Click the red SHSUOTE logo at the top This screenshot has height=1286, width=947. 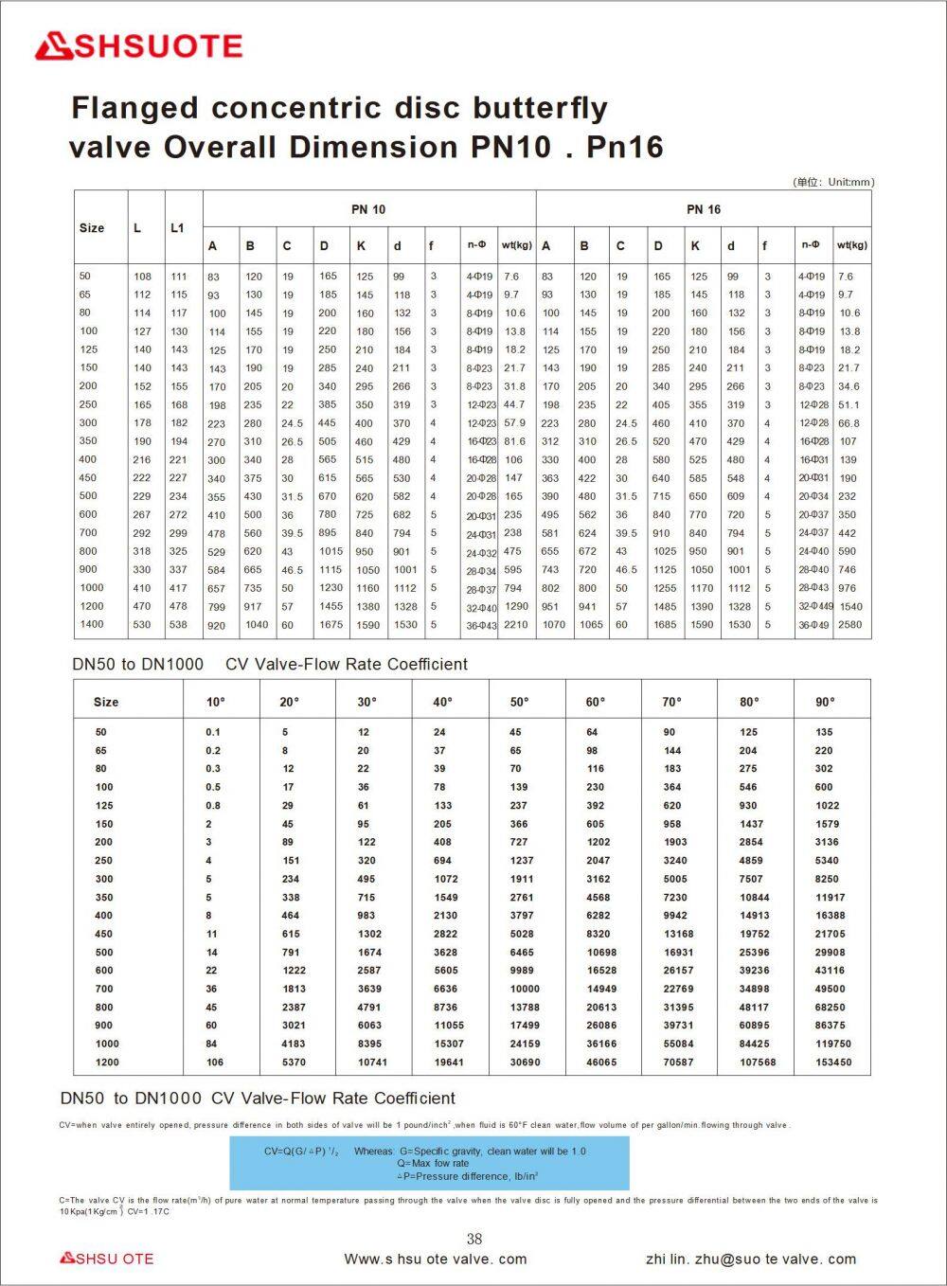[x=138, y=46]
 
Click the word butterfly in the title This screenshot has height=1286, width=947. [x=541, y=108]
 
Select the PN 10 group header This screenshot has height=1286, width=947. [x=368, y=209]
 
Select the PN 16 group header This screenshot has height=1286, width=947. [x=704, y=209]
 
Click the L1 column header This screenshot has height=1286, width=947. [x=177, y=228]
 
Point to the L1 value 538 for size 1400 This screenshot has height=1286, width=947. [x=178, y=624]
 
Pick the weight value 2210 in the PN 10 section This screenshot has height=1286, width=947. [x=516, y=624]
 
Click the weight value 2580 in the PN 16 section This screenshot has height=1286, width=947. [x=849, y=624]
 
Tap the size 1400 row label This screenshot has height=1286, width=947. [x=91, y=624]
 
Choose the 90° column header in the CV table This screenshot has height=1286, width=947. [x=826, y=702]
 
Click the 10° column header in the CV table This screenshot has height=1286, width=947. [x=216, y=702]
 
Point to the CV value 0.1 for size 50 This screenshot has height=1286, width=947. [x=213, y=732]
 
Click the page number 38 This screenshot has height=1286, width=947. [x=474, y=1239]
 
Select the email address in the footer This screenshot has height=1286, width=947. [x=751, y=1259]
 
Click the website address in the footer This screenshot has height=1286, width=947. [x=436, y=1259]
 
